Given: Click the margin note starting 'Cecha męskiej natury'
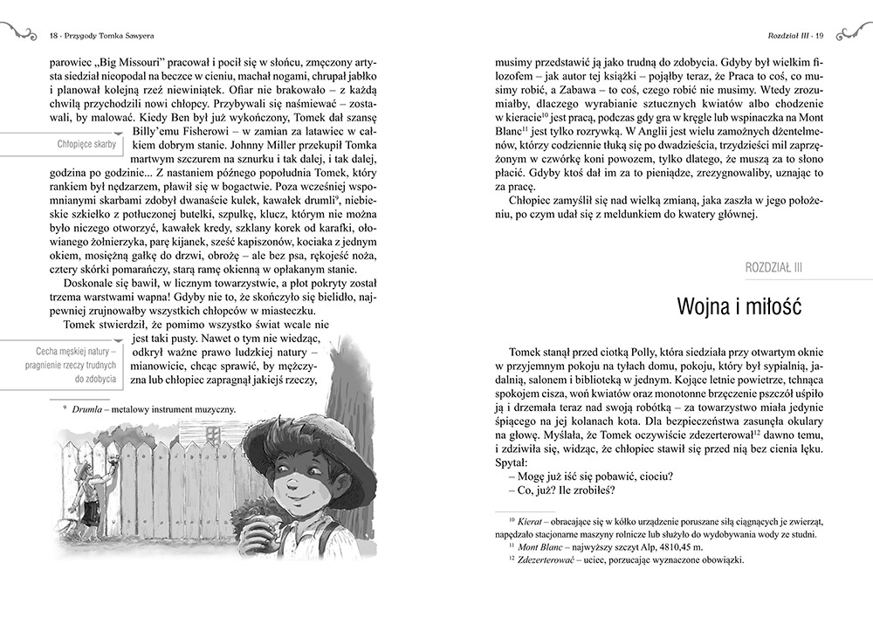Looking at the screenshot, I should (x=66, y=366).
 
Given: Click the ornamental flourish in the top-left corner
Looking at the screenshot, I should (x=18, y=32).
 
